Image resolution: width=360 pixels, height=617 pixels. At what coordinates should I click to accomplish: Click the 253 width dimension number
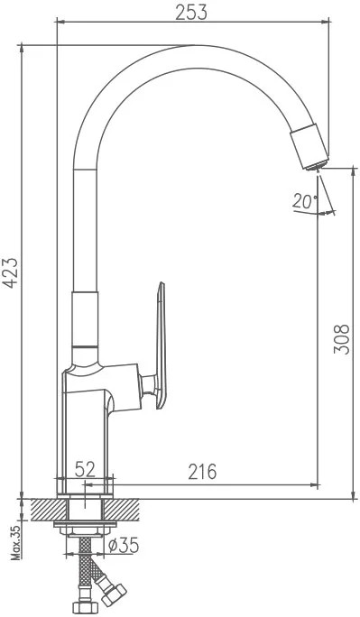(191, 13)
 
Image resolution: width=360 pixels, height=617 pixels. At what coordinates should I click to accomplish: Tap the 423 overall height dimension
(11, 272)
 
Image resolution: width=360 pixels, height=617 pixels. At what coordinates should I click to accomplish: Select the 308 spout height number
(342, 339)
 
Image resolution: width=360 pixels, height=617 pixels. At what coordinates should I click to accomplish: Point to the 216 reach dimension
(202, 472)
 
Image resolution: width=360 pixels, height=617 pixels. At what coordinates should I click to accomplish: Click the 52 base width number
(85, 469)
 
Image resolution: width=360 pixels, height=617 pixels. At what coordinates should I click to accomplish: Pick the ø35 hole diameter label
(123, 546)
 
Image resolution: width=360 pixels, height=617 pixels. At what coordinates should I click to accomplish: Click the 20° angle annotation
(305, 201)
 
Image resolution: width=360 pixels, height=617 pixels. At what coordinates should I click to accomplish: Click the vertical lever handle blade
(162, 345)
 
